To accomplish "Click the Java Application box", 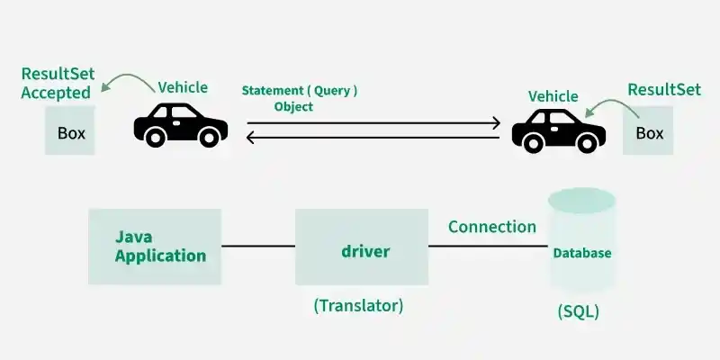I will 155,247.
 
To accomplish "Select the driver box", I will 362,247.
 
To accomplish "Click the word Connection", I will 492,227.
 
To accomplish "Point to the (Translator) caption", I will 358,305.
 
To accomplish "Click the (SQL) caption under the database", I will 578,312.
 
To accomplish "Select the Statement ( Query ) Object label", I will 299,98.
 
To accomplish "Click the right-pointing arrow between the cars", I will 373,122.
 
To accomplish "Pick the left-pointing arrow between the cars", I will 373,138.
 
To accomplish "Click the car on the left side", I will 180,124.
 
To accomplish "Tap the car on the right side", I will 558,130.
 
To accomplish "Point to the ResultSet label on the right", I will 664,89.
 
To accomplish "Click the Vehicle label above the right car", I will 553,96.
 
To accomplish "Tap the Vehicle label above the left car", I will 183,87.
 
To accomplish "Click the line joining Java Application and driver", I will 258,246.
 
